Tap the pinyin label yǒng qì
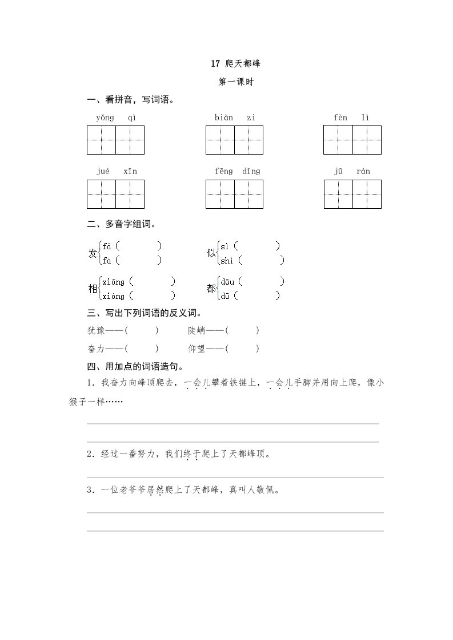[116, 118]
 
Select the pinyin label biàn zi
[235, 118]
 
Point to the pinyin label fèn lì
[352, 118]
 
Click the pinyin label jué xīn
[116, 171]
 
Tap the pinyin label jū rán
[352, 171]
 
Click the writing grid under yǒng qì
[115, 140]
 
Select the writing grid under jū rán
[352, 194]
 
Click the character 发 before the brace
[93, 254]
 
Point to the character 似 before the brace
[211, 254]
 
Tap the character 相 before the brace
[93, 289]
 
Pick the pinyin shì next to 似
[227, 261]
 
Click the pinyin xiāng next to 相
[114, 282]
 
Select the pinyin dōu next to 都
[228, 282]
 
